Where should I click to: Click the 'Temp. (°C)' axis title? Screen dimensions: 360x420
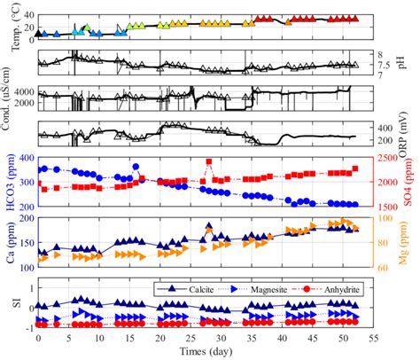tap(8, 23)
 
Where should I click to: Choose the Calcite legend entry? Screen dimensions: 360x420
tap(194, 288)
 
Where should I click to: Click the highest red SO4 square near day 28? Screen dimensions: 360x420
tap(209, 162)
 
